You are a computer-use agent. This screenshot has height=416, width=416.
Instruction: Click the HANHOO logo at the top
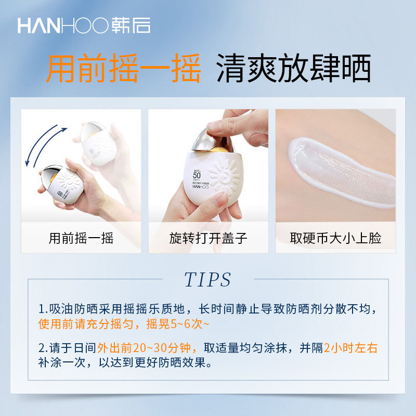point(84,25)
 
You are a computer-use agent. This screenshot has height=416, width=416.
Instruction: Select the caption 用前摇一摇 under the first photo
point(81,238)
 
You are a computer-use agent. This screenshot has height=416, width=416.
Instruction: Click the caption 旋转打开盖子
point(209,238)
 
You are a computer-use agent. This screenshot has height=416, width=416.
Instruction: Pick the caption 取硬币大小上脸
point(335,238)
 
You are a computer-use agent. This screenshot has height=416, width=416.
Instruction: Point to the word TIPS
point(208,280)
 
